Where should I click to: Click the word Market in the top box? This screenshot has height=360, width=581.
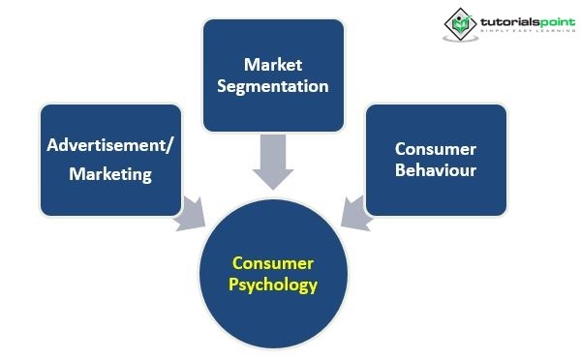coord(273,65)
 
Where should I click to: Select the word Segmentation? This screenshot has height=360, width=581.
coord(273,87)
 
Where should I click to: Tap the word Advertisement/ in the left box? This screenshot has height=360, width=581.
coord(109,145)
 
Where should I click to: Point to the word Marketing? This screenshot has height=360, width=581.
coord(110,174)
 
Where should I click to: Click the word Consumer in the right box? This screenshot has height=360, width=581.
coord(436,149)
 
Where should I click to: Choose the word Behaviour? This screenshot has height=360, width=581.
coord(436,170)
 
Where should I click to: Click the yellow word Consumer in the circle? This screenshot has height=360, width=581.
coord(273,263)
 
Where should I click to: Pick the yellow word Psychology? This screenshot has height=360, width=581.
coord(273,285)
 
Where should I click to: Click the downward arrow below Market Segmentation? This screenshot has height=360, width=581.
coord(273,162)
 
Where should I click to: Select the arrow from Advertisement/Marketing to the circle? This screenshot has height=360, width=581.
coord(190,215)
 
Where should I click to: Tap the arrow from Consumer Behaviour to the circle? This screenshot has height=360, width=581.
coord(356,215)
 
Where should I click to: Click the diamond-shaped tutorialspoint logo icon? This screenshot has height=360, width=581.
coord(460,24)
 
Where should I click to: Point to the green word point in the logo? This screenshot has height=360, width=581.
coord(558,22)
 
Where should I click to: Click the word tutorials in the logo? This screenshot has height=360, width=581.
coord(510,22)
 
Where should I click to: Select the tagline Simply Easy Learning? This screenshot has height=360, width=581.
coord(529,30)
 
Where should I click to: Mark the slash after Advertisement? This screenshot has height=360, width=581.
coord(169,145)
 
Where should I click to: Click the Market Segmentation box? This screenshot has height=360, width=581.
coord(273,75)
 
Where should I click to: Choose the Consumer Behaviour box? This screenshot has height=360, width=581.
coord(436,160)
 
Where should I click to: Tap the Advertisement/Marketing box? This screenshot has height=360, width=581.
coord(110,160)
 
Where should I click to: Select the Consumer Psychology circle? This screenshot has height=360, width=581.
coord(273,274)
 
